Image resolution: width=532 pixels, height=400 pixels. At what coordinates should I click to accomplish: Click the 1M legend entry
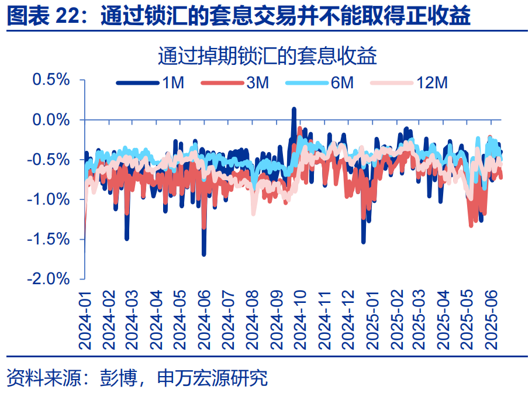(x=150, y=83)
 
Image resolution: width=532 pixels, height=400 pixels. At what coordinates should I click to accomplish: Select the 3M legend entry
(x=234, y=83)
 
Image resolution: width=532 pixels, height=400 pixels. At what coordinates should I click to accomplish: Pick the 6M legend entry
(x=320, y=83)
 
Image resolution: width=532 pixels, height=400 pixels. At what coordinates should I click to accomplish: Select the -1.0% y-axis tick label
(x=49, y=199)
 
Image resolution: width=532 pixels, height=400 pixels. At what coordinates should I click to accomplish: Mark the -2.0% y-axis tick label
(x=49, y=278)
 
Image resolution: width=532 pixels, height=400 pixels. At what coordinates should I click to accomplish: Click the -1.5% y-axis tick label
(x=49, y=239)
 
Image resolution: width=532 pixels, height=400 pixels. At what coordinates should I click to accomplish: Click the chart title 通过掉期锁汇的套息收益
(x=266, y=57)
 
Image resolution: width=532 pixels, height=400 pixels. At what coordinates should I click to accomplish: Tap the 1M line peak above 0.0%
(x=293, y=109)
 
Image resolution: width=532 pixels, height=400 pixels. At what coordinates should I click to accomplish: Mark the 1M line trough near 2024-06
(x=203, y=254)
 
